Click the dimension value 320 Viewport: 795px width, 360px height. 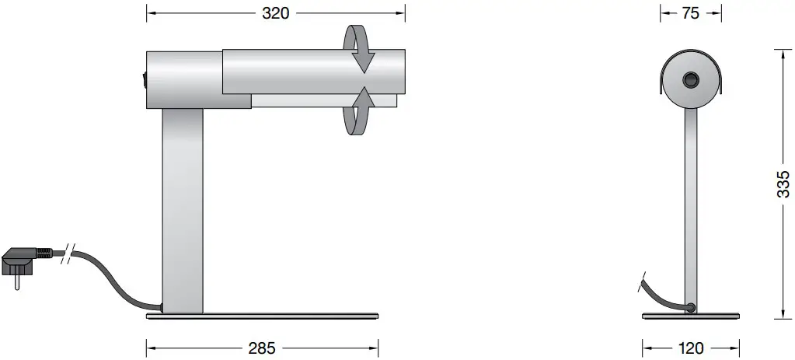coord(276,12)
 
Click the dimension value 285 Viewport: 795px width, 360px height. coord(261,348)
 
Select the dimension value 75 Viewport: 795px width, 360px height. coord(690,12)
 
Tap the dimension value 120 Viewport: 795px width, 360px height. coord(690,348)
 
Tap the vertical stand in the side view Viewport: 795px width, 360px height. coord(183,210)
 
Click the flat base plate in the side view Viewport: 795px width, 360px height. coord(263,316)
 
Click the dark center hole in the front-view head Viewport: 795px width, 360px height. coord(690,80)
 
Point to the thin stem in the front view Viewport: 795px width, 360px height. coord(690,210)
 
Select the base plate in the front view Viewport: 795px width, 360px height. coord(690,316)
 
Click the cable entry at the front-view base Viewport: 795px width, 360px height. coord(689,307)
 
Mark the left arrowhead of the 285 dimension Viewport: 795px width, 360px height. coord(151,348)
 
